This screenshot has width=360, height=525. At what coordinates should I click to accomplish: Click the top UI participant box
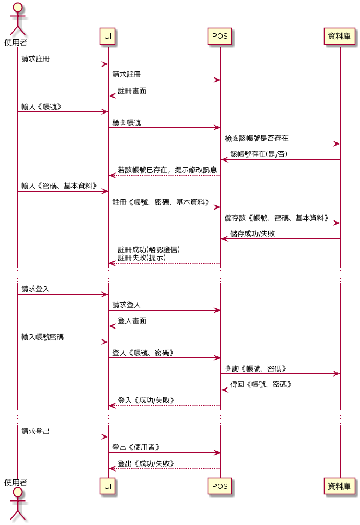point(108,37)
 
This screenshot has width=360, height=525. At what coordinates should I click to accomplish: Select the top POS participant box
point(220,37)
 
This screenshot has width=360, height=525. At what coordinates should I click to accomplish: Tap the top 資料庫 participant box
point(340,37)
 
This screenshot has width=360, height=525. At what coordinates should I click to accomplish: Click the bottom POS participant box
point(220,486)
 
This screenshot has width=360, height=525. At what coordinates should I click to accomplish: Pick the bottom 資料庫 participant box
point(340,486)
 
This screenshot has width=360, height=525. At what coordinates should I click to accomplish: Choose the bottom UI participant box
point(108,486)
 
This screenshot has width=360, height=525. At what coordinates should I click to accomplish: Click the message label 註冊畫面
point(132,91)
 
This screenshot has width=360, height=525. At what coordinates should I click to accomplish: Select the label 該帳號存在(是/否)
point(259,154)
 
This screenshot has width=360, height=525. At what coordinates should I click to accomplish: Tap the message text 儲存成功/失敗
point(253,234)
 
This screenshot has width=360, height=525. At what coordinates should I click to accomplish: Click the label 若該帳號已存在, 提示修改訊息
point(167,170)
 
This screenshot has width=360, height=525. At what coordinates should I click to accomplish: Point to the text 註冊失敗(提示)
point(142,258)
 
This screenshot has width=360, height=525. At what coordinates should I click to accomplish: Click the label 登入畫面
point(132,320)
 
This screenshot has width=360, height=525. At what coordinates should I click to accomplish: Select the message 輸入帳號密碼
point(43,337)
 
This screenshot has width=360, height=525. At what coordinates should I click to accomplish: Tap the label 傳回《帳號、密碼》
point(261,384)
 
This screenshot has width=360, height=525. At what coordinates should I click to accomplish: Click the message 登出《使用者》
point(136,447)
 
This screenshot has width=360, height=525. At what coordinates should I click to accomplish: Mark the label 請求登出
point(35,431)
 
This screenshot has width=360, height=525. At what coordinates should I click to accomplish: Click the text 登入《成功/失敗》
point(146,400)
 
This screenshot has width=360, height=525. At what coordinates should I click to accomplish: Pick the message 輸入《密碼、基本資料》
point(59,186)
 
